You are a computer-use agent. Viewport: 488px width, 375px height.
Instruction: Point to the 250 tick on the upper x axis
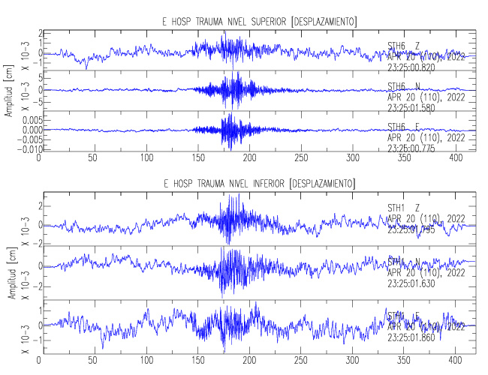(x=301, y=158)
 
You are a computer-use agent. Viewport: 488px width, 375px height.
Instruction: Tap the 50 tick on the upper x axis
(x=93, y=158)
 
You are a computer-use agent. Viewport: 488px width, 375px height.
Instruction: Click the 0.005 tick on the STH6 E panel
(x=25, y=119)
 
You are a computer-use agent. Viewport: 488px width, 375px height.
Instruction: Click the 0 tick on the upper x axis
(x=40, y=158)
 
